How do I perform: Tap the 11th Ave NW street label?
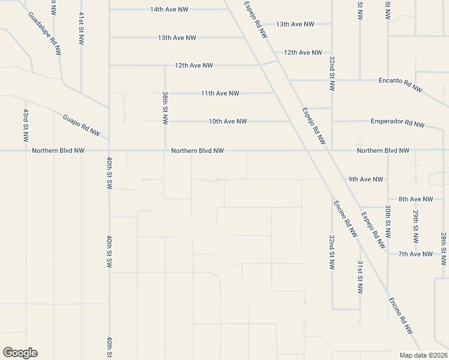tap(220, 94)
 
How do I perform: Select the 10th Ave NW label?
tap(228, 121)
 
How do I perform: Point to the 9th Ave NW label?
tap(366, 179)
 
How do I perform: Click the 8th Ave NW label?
tap(415, 199)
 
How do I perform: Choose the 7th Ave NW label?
tap(415, 254)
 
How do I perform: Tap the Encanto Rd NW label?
tap(400, 85)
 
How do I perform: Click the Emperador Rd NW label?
tap(397, 123)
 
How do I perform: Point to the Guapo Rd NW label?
tap(81, 124)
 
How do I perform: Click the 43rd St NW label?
tap(26, 125)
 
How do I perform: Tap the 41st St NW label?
tap(81, 27)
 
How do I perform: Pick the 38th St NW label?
tap(165, 108)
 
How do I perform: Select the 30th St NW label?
tap(388, 224)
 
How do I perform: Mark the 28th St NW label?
tap(443, 249)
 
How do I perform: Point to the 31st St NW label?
tap(360, 277)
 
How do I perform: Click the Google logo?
tap(20, 353)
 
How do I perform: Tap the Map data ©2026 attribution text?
tap(424, 355)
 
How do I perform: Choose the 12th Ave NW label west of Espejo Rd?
tap(193, 65)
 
